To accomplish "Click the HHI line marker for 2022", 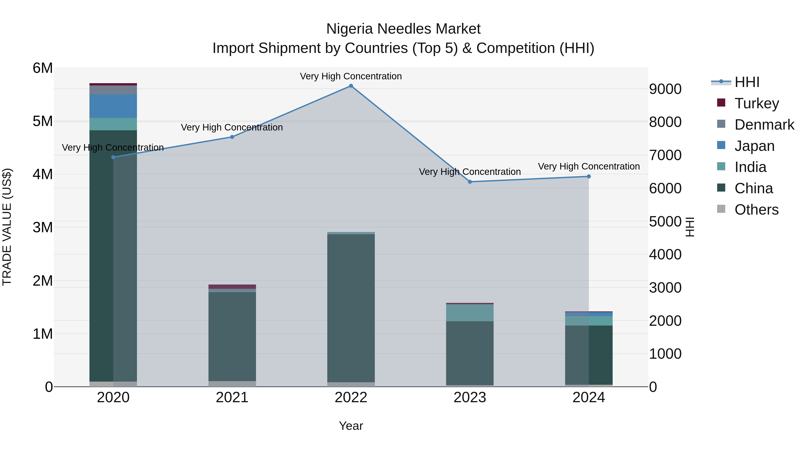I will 351,86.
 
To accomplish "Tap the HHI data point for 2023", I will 470,182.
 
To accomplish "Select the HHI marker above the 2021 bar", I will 232,137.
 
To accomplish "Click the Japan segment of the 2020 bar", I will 113,106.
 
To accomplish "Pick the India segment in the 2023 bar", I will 470,313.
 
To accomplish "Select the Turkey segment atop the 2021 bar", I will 232,286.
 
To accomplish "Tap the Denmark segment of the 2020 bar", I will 113,90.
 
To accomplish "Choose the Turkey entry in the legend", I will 757,103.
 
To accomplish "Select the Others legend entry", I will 756,210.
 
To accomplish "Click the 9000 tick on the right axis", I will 665,89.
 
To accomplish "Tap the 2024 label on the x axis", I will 589,398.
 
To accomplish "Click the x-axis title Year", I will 351,426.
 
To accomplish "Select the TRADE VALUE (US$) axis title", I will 7,227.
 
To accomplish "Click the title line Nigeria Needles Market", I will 403,29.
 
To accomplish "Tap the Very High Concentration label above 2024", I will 589,166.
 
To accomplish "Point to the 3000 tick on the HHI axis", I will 665,288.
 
